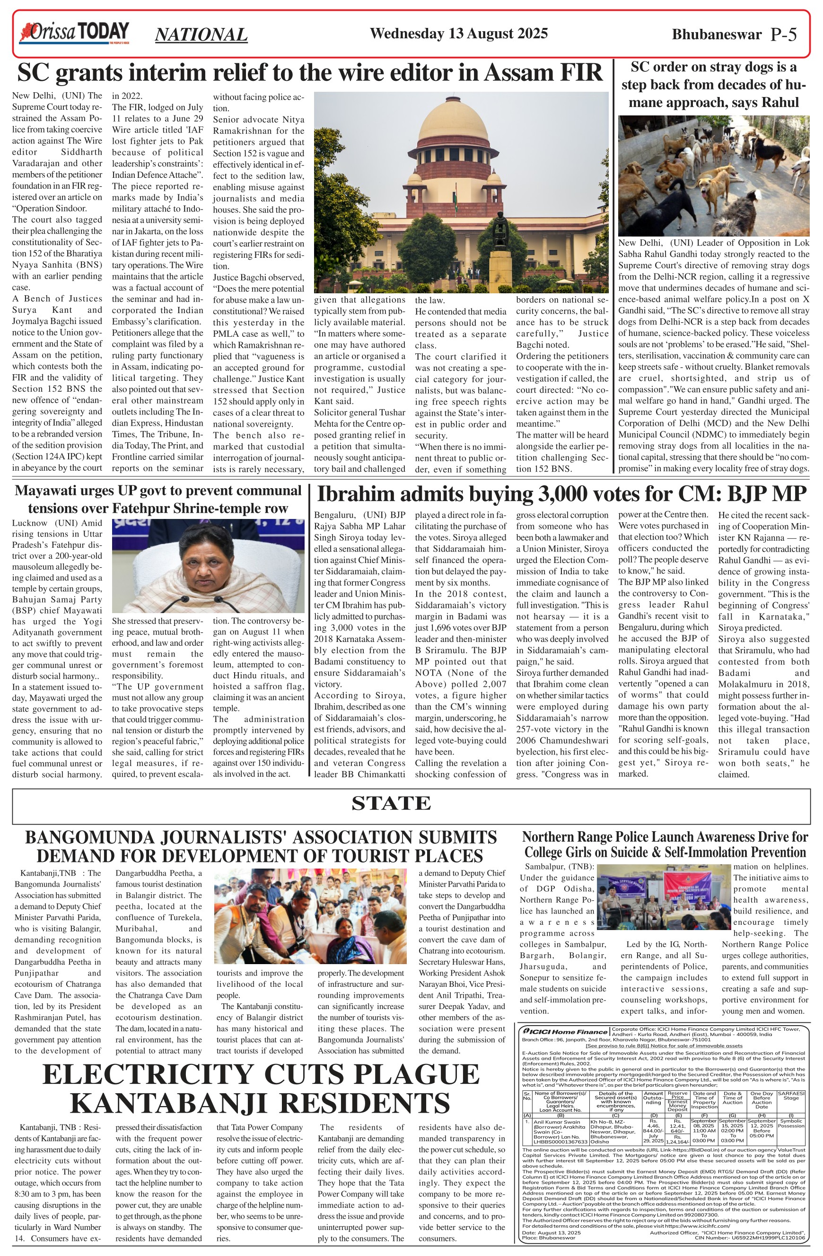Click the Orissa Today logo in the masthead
[74, 33]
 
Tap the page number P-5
[783, 35]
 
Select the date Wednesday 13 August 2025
[458, 34]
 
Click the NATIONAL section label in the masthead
[201, 35]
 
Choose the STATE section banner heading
[391, 803]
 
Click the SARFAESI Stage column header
[791, 1095]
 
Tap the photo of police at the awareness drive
[663, 896]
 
